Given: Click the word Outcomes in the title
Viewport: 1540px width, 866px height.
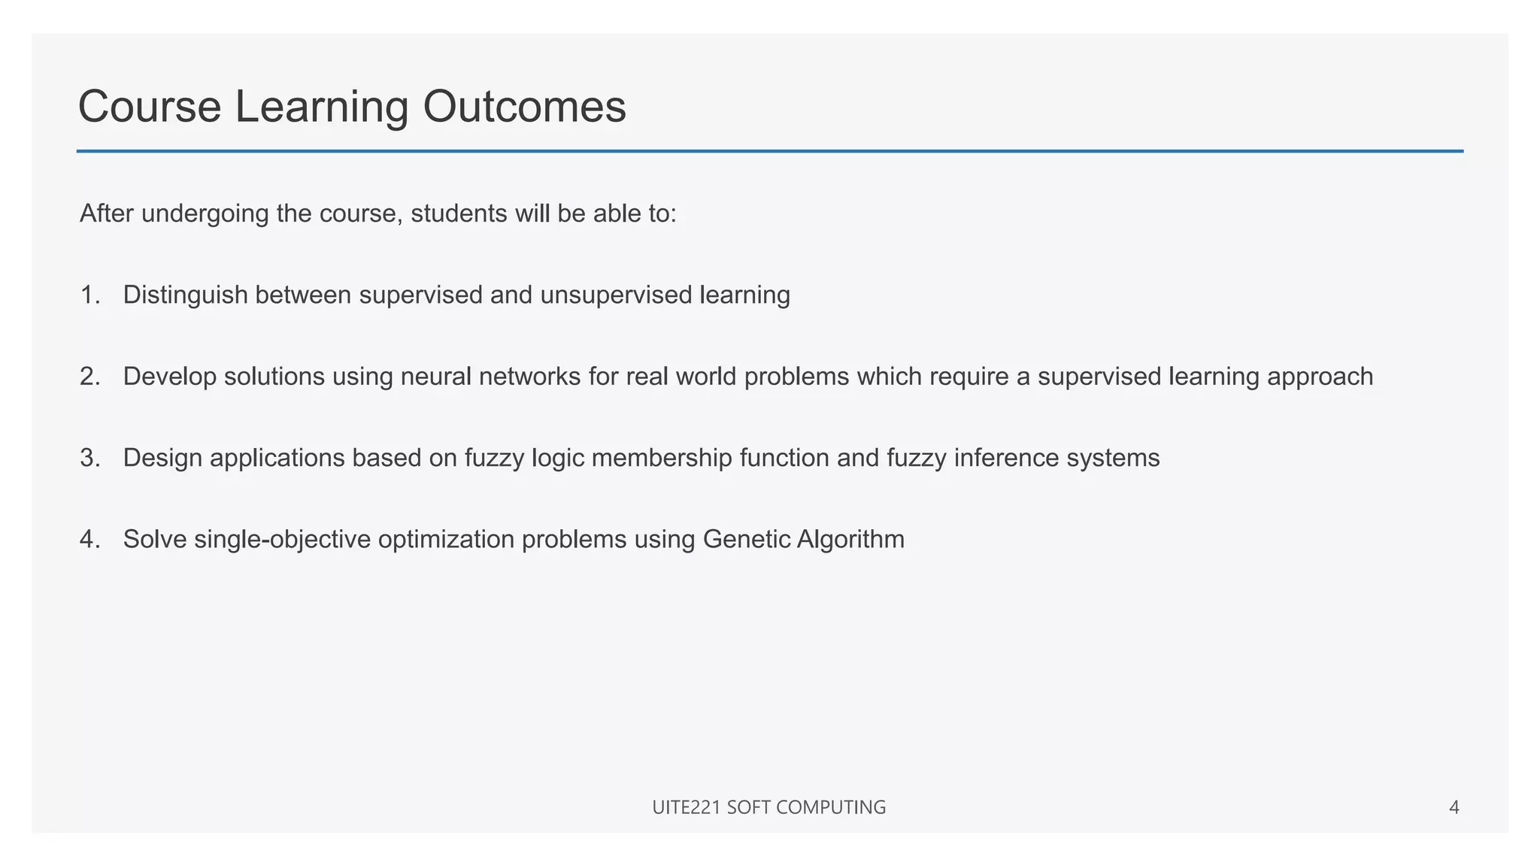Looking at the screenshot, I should pos(524,107).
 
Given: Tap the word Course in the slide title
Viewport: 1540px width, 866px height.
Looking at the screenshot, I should pos(150,107).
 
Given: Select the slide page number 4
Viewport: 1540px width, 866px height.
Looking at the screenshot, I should pos(1454,807).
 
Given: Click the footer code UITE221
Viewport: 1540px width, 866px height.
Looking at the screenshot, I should pos(687,807).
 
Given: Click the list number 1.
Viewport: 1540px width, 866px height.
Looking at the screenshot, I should pos(89,295).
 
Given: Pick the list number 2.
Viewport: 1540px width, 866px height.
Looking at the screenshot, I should pos(89,377).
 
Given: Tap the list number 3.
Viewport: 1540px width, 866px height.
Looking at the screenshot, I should pos(89,458).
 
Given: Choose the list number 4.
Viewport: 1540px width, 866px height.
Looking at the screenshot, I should pos(89,540).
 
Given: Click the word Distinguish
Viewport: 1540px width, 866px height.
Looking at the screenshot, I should pos(185,295).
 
